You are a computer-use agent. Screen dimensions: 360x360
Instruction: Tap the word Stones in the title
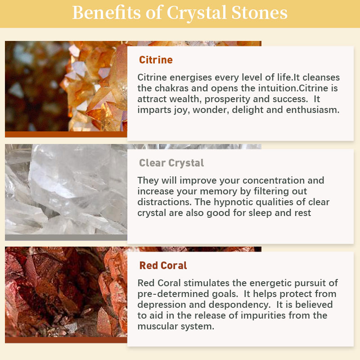point(259,13)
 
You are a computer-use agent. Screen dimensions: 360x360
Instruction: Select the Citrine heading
point(156,60)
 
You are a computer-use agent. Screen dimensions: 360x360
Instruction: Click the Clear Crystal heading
point(171,163)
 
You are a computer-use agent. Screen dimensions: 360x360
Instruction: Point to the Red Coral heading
point(163,265)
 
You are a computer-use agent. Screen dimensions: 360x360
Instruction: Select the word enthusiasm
point(313,110)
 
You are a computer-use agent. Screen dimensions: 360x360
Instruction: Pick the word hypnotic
point(233,202)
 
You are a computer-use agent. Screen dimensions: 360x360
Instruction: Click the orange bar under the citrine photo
point(66,134)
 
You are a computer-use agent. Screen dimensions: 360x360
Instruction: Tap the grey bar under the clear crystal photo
point(66,238)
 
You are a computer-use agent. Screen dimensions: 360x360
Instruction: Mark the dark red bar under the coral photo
point(66,340)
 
